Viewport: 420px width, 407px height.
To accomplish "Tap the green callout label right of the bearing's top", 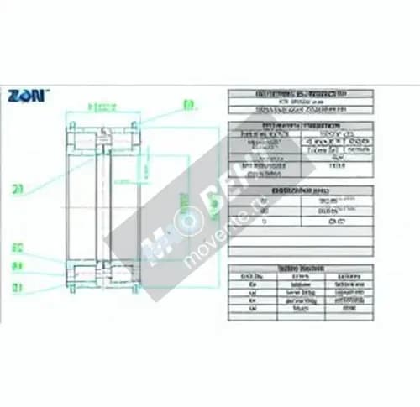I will click(188, 105).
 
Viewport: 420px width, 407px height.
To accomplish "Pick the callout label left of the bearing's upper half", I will click(18, 190).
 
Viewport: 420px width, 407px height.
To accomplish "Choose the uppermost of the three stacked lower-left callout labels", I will click(17, 248).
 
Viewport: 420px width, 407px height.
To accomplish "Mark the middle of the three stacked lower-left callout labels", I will click(17, 266).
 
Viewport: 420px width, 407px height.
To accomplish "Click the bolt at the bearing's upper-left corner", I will click(72, 127).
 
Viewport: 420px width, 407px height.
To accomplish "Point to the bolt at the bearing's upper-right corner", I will click(134, 127).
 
